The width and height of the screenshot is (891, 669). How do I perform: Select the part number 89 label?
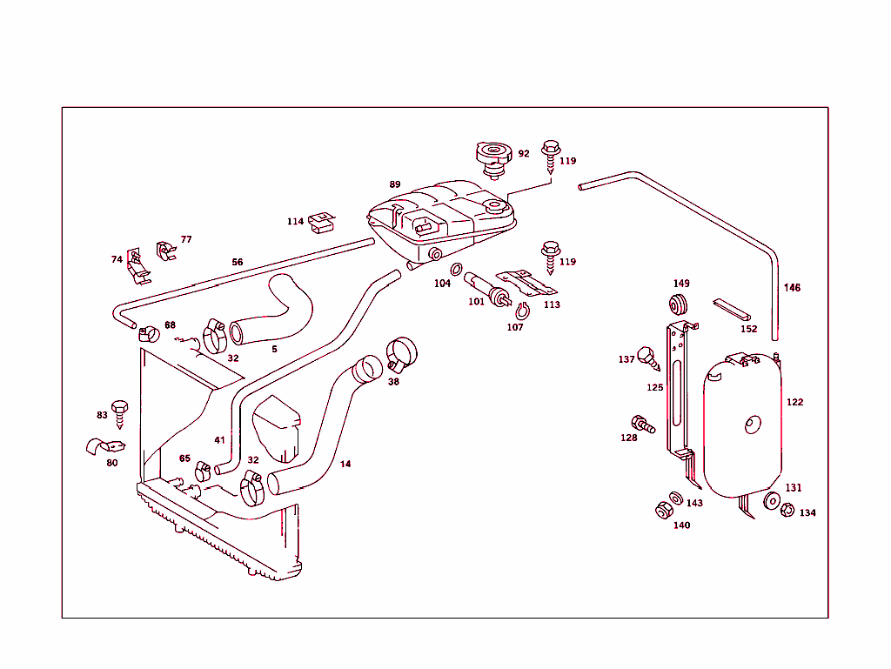(x=395, y=184)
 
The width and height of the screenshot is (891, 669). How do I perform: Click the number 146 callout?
(x=792, y=287)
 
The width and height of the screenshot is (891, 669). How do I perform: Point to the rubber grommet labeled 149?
(x=680, y=304)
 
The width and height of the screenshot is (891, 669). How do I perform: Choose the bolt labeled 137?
(x=647, y=357)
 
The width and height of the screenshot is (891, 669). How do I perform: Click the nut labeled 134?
(x=787, y=511)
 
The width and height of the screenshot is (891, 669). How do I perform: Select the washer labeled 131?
(x=771, y=501)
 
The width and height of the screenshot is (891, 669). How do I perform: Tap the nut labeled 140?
(x=664, y=510)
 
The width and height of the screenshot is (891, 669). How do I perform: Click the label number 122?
(x=794, y=402)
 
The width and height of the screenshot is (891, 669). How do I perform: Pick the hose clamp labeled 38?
(x=402, y=351)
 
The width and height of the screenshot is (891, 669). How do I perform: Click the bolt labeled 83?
(x=122, y=412)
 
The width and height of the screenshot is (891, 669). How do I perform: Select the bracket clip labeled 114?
(x=322, y=223)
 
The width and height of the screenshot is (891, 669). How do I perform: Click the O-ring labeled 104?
(x=456, y=269)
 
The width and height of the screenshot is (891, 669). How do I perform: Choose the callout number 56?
(x=238, y=262)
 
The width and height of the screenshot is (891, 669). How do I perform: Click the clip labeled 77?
(x=164, y=251)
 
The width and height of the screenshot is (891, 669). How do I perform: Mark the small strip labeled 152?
(x=734, y=309)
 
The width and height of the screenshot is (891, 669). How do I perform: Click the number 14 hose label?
(x=345, y=464)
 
